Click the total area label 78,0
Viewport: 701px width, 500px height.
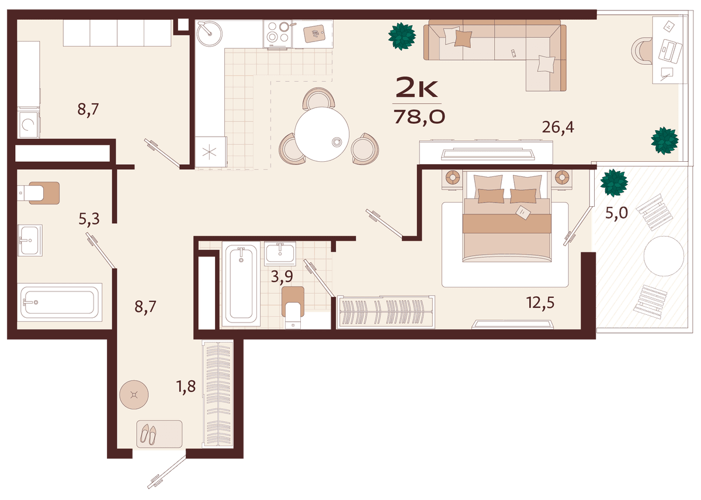point(419,117)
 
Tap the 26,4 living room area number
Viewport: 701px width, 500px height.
point(558,127)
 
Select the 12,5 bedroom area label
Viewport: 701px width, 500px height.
point(540,303)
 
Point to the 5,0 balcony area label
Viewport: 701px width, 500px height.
point(616,213)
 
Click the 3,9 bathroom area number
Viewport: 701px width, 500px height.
point(282,276)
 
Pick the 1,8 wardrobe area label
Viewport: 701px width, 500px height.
point(186,387)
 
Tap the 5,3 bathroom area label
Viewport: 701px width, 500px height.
point(89,219)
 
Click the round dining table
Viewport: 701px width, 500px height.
point(322,134)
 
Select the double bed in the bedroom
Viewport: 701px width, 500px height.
point(506,216)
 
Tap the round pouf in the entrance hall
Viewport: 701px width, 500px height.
point(134,394)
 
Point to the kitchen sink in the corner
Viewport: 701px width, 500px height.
point(209,33)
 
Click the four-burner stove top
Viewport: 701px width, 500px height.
point(278,34)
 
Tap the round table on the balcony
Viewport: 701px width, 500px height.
point(664,256)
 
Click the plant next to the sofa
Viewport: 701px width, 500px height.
point(402,36)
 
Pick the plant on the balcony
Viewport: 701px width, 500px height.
point(614,183)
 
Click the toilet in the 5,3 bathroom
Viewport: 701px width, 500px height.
point(38,193)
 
